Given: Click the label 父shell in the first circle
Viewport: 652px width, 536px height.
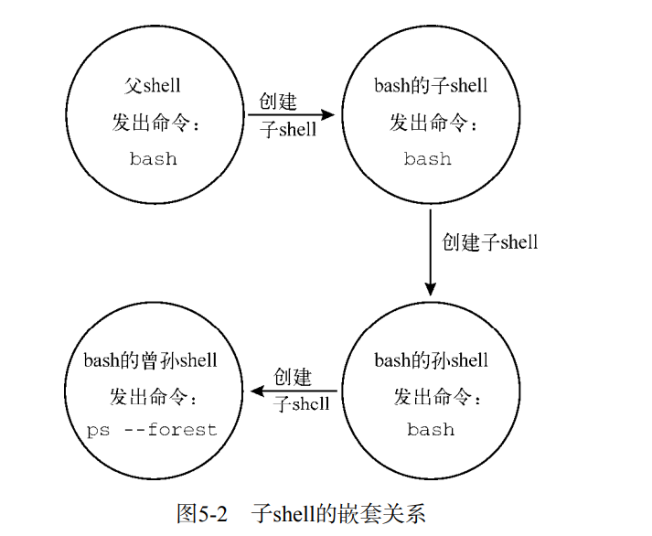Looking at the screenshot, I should click(x=153, y=86).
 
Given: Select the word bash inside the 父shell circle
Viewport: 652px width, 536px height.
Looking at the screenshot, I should click(x=153, y=159).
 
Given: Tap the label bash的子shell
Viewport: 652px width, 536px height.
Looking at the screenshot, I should click(x=431, y=86).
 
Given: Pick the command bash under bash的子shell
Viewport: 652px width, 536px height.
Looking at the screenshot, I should click(x=428, y=159).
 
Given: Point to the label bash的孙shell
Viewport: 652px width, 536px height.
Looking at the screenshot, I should click(x=431, y=360).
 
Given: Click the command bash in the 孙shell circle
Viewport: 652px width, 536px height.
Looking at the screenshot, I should click(x=431, y=429).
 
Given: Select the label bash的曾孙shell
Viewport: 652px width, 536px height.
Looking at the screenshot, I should click(x=151, y=360).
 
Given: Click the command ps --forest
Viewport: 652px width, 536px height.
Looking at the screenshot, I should click(x=152, y=429).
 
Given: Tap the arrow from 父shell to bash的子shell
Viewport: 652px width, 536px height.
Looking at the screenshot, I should click(x=291, y=115).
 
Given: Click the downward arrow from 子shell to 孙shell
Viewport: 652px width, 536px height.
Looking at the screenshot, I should click(x=430, y=252).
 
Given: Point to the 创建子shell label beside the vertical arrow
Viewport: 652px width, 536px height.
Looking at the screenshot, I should click(x=490, y=242).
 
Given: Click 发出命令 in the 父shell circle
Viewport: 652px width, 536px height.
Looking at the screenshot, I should click(x=153, y=123).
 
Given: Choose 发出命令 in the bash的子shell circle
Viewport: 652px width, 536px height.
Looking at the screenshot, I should click(x=431, y=123).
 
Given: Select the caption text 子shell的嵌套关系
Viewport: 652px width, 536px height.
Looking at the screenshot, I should click(x=338, y=512).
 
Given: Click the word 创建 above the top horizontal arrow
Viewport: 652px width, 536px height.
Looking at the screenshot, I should click(x=278, y=102).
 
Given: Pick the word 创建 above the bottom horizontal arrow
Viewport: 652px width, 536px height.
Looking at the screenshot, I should click(x=293, y=377).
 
